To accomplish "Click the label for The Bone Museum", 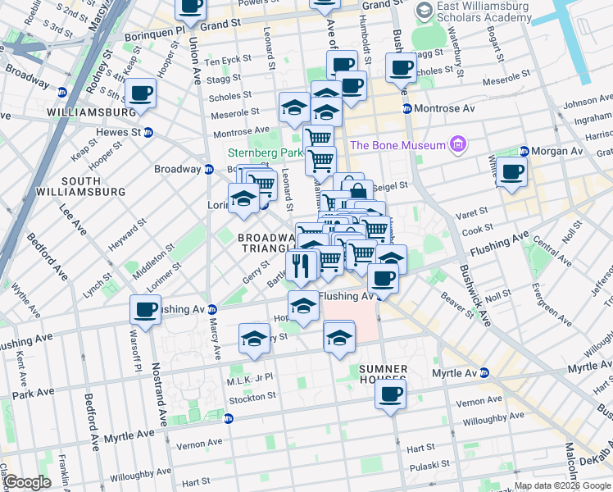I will (x=397, y=146).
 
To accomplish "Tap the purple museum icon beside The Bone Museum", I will (x=457, y=146).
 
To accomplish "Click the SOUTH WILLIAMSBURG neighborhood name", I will (x=80, y=186).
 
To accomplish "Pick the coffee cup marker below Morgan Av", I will (x=512, y=173).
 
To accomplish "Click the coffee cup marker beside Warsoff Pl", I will (x=146, y=310).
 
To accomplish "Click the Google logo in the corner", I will (x=27, y=482).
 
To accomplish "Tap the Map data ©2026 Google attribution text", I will (x=561, y=485).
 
